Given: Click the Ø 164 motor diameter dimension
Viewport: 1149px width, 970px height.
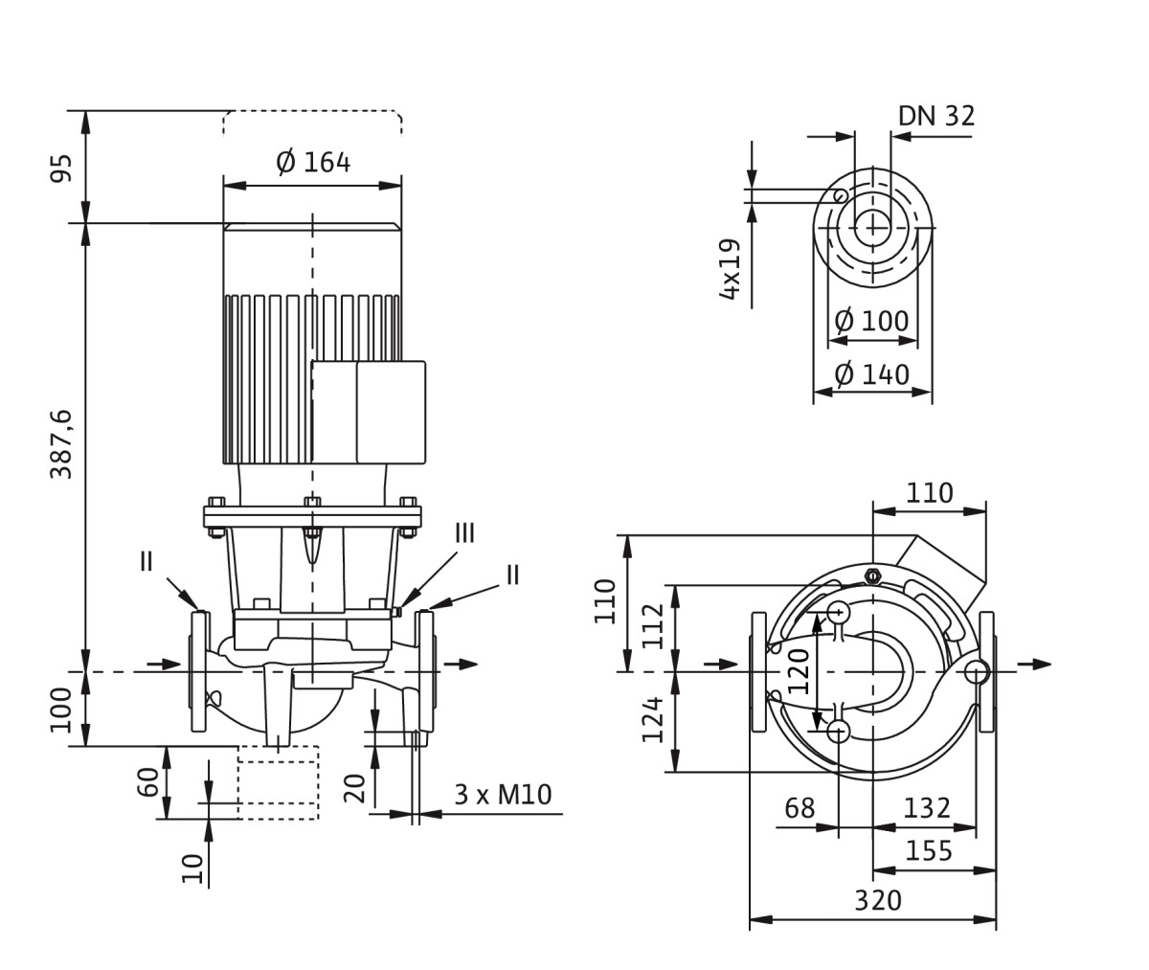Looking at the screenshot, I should coord(313,163).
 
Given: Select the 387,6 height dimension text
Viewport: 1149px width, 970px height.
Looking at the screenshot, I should coord(61,443).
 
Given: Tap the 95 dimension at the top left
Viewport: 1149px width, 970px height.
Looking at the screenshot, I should coord(61,168).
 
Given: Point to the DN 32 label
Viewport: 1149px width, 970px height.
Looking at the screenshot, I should coord(935,116).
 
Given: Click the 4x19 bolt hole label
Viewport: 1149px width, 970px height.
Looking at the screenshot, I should coord(731,269).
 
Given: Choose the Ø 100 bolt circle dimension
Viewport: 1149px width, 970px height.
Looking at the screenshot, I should coord(871,321).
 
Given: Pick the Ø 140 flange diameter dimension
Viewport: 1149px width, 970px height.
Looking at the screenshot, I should coord(871,374).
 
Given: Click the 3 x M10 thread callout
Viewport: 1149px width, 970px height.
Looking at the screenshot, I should coord(503,795).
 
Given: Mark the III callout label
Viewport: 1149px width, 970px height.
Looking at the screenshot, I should coord(464,532).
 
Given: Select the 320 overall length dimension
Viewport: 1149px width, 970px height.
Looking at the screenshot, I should coord(878,901).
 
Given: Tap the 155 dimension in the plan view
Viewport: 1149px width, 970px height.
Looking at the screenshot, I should coord(929,851).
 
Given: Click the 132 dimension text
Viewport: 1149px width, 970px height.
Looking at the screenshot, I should coord(927,808).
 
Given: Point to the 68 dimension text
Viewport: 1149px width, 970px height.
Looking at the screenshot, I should coord(800,808).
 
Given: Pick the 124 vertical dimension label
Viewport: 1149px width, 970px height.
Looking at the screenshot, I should coord(653,719).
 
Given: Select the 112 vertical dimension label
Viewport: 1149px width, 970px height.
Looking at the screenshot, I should coord(653,625).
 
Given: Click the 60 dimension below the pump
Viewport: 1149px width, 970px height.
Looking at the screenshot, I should coord(147,781).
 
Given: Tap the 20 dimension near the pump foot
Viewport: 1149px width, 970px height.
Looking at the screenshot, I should coord(354,788).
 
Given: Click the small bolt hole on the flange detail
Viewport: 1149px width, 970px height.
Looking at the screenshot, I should coord(840,196).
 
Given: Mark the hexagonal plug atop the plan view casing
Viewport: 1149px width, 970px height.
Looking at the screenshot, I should coord(872,575).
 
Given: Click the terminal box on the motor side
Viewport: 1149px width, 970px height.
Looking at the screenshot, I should coord(369,412).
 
